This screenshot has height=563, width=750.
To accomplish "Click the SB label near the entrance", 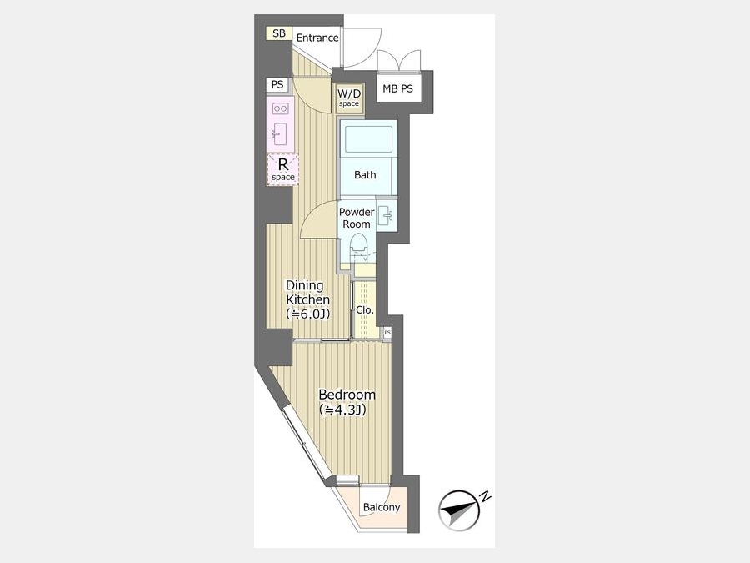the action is pyautogui.click(x=279, y=33).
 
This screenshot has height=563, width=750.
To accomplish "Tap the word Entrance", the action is pyautogui.click(x=317, y=38).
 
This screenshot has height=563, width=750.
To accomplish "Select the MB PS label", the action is pyautogui.click(x=398, y=88).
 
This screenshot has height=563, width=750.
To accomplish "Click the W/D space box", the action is pyautogui.click(x=349, y=98).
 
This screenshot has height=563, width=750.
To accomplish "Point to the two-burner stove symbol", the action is pyautogui.click(x=280, y=108).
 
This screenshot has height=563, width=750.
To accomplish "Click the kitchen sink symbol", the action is pyautogui.click(x=279, y=134).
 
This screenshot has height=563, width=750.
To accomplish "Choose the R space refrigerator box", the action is pyautogui.click(x=283, y=169).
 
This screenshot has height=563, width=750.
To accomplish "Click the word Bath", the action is pyautogui.click(x=365, y=175).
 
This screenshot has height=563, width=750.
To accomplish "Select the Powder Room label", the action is pyautogui.click(x=357, y=218).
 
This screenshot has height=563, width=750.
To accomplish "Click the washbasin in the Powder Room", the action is pyautogui.click(x=386, y=216).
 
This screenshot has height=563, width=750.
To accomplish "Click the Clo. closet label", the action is pyautogui.click(x=365, y=310).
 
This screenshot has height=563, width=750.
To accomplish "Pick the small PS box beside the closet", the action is pyautogui.click(x=387, y=332).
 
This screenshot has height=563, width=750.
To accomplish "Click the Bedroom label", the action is pyautogui.click(x=347, y=395).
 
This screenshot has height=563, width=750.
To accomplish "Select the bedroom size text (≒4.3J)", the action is pyautogui.click(x=342, y=410).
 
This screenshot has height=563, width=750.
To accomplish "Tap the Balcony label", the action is pyautogui.click(x=381, y=507).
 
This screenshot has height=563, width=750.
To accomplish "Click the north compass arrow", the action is pyautogui.click(x=460, y=510).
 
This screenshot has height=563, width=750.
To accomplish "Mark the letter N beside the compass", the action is pyautogui.click(x=486, y=496).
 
